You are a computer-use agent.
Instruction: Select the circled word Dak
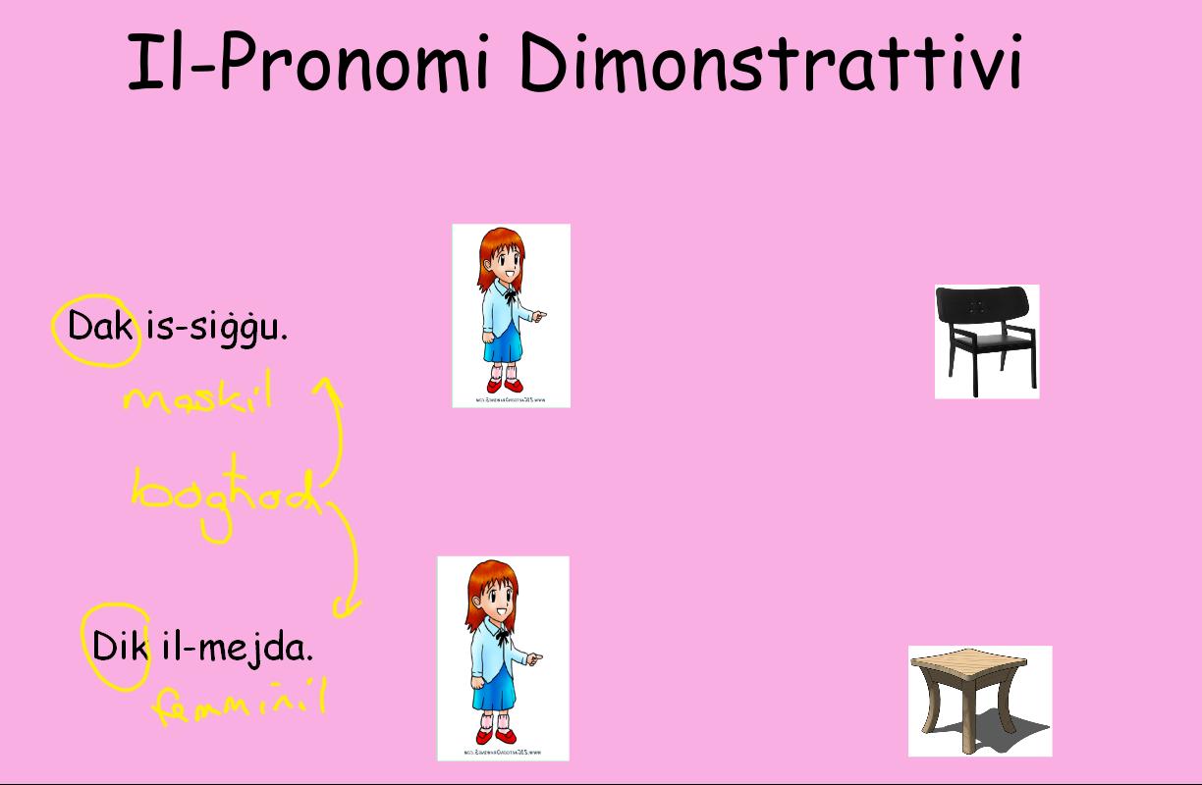click(x=99, y=326)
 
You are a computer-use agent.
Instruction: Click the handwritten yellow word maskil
click(x=196, y=397)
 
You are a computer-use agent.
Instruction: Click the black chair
click(x=986, y=341)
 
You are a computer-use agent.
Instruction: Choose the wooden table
click(x=979, y=700)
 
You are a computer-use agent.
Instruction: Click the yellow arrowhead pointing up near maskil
click(x=327, y=388)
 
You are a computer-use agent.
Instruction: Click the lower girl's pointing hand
click(x=533, y=658)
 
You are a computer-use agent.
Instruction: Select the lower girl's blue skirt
click(x=496, y=693)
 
